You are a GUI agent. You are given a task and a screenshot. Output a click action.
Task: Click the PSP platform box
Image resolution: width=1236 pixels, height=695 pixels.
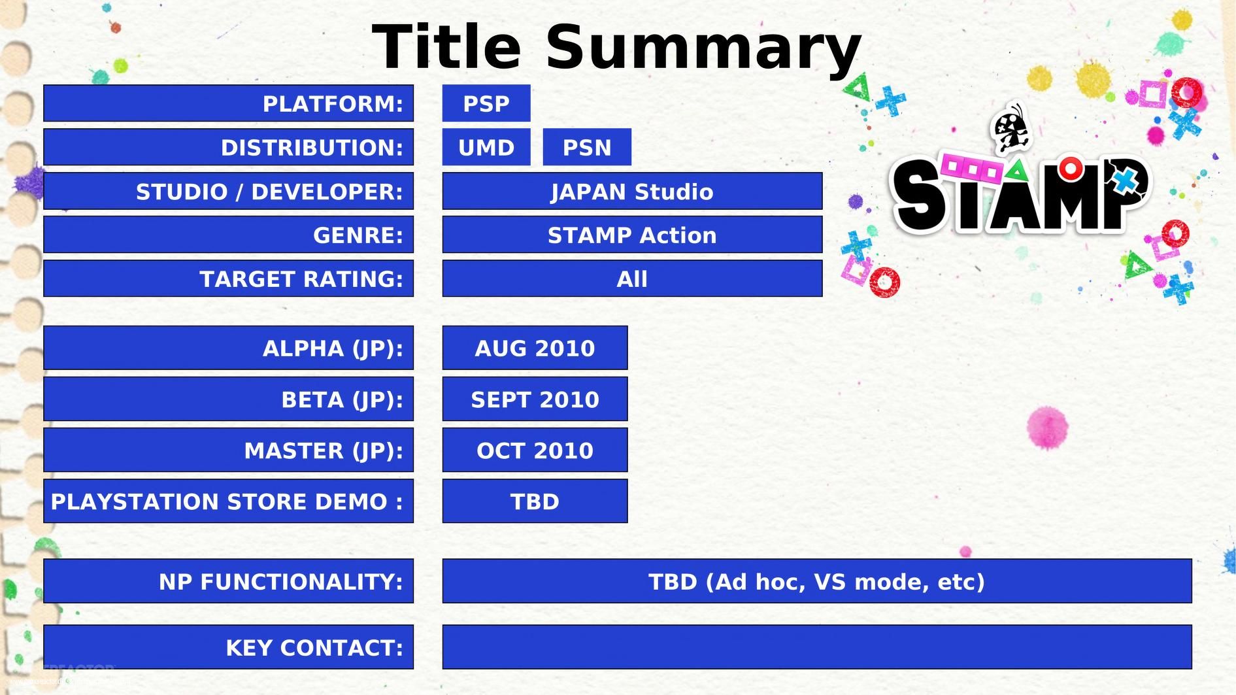click(486, 103)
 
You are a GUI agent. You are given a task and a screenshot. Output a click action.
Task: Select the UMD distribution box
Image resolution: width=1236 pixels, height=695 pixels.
click(486, 147)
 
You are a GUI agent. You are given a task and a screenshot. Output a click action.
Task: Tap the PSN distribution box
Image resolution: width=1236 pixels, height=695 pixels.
click(586, 147)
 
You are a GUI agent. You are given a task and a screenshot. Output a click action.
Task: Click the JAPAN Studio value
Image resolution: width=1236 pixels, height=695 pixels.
click(631, 191)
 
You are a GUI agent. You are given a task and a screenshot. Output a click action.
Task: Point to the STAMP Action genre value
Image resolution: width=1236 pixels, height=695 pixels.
click(631, 235)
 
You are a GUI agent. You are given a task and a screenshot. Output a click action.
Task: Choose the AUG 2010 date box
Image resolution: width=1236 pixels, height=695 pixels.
click(534, 348)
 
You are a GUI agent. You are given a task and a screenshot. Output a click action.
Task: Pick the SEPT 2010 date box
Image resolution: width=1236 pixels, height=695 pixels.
click(534, 399)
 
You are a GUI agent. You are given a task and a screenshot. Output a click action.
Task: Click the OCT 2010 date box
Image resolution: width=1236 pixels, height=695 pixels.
click(534, 450)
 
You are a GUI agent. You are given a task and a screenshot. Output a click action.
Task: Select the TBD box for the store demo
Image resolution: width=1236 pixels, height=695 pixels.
click(534, 501)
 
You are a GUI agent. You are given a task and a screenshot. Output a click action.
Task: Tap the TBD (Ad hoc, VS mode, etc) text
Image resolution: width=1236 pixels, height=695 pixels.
click(816, 581)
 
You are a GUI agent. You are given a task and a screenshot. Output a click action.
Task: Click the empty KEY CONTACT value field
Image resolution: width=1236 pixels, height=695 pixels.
click(816, 647)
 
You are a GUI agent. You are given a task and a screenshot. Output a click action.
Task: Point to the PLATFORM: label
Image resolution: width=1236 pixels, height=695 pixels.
click(333, 103)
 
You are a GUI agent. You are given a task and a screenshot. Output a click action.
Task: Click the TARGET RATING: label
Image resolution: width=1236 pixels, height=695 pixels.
click(301, 279)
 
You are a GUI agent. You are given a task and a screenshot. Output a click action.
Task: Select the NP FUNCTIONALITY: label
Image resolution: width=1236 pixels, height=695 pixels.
click(281, 581)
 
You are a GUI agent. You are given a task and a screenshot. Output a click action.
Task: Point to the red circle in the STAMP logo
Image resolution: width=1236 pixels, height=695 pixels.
click(1071, 169)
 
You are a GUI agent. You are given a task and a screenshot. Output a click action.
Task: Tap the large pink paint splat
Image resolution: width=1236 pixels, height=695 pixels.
click(1046, 428)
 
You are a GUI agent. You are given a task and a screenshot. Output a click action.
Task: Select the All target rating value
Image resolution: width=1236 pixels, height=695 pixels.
click(631, 279)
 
